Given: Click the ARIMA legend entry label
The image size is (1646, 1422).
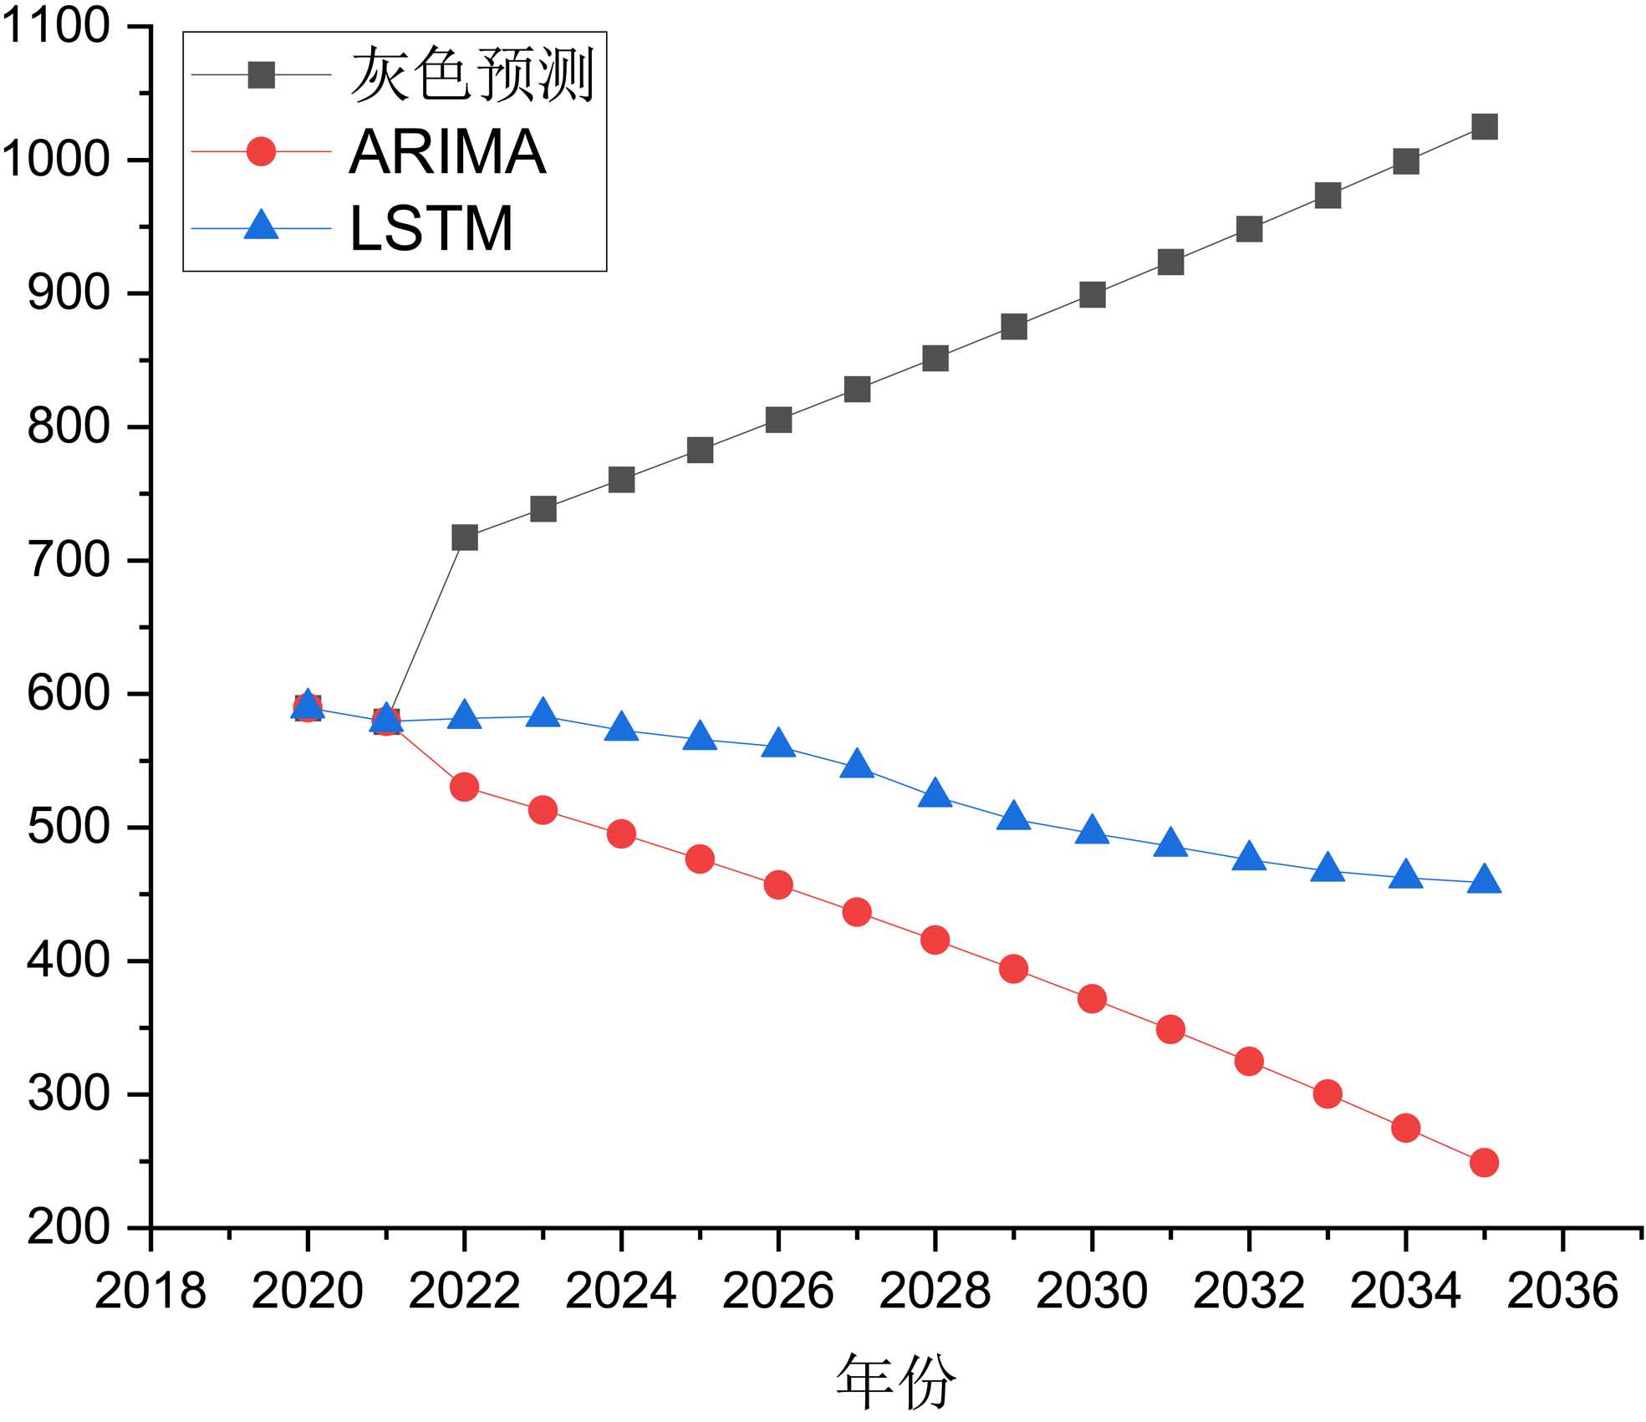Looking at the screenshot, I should tap(447, 152).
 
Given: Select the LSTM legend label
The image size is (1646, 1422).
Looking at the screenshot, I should tap(431, 228).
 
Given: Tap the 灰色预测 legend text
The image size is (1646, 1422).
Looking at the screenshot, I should tap(472, 75).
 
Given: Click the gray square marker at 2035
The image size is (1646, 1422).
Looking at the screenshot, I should tap(1484, 127).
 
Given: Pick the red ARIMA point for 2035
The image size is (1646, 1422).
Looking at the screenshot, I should tap(1484, 1162).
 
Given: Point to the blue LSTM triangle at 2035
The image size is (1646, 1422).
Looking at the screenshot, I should tap(1484, 880).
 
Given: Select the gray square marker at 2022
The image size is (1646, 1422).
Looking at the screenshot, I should tap(465, 538).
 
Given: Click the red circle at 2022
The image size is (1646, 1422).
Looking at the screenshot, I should tap(464, 787).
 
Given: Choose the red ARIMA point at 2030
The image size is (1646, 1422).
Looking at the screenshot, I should tap(1092, 998).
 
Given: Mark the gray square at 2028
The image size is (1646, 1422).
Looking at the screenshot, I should tap(935, 359).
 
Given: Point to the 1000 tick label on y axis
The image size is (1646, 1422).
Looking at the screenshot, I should tap(56, 159).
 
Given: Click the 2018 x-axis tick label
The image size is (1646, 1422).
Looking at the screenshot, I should tap(150, 1291).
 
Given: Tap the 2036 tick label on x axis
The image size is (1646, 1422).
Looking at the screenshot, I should tap(1562, 1291).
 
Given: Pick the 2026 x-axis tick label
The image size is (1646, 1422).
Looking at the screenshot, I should tap(778, 1291).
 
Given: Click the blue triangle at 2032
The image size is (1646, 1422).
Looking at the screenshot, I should tap(1249, 858).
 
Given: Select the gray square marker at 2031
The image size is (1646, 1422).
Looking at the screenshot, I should tap(1170, 262).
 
